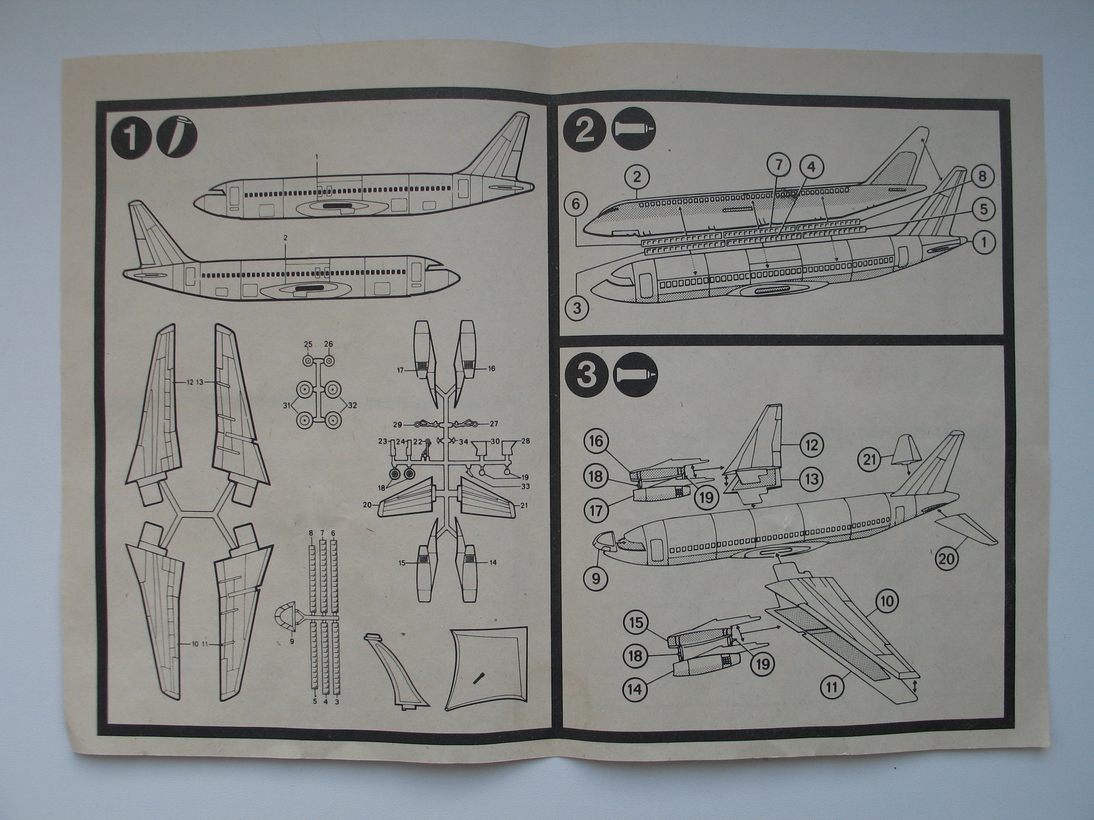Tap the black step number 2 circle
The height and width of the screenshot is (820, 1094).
tap(586, 130)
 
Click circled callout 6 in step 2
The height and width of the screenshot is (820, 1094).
tap(577, 204)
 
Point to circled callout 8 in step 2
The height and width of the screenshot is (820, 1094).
tap(980, 177)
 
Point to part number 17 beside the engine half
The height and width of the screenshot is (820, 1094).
tap(401, 371)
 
